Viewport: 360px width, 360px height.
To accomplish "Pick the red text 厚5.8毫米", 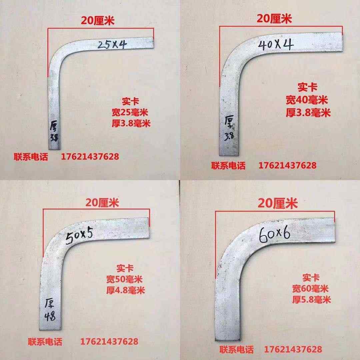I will click(x=311, y=300).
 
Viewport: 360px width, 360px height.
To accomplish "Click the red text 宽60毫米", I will click(x=310, y=288).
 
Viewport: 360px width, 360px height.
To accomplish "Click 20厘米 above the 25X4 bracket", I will click(x=98, y=21).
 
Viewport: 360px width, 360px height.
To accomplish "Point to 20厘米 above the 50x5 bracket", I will click(x=102, y=202).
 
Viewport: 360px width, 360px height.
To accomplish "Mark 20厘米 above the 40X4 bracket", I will click(x=274, y=19).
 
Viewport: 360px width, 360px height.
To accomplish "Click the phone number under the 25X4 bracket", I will click(x=90, y=156).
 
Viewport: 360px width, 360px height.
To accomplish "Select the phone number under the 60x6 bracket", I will click(x=293, y=349).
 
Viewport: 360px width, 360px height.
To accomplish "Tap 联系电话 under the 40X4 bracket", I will click(x=228, y=165).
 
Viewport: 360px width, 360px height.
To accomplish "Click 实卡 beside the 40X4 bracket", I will click(x=307, y=88).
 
